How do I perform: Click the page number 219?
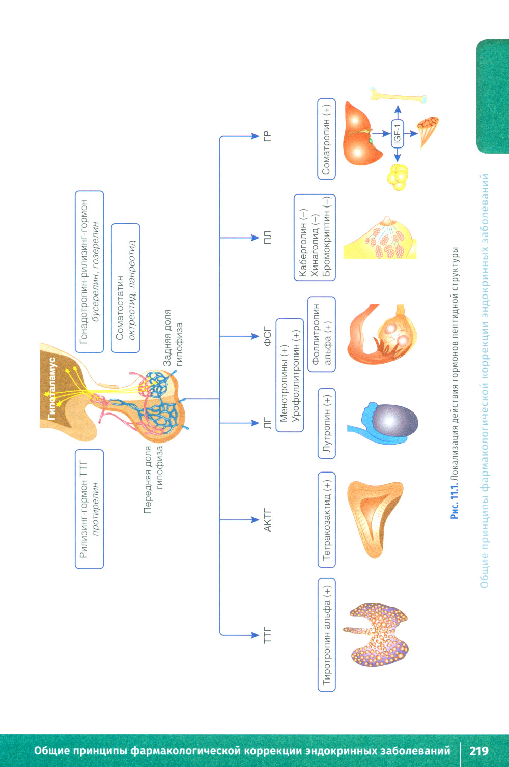pos(479,751)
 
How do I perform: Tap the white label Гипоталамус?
pos(51,389)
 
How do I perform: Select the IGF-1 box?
pos(398,134)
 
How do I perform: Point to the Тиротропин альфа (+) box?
pos(327,634)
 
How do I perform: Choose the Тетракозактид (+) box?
pos(327,519)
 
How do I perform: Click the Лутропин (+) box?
pos(327,423)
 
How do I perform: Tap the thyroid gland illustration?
pos(379,634)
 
